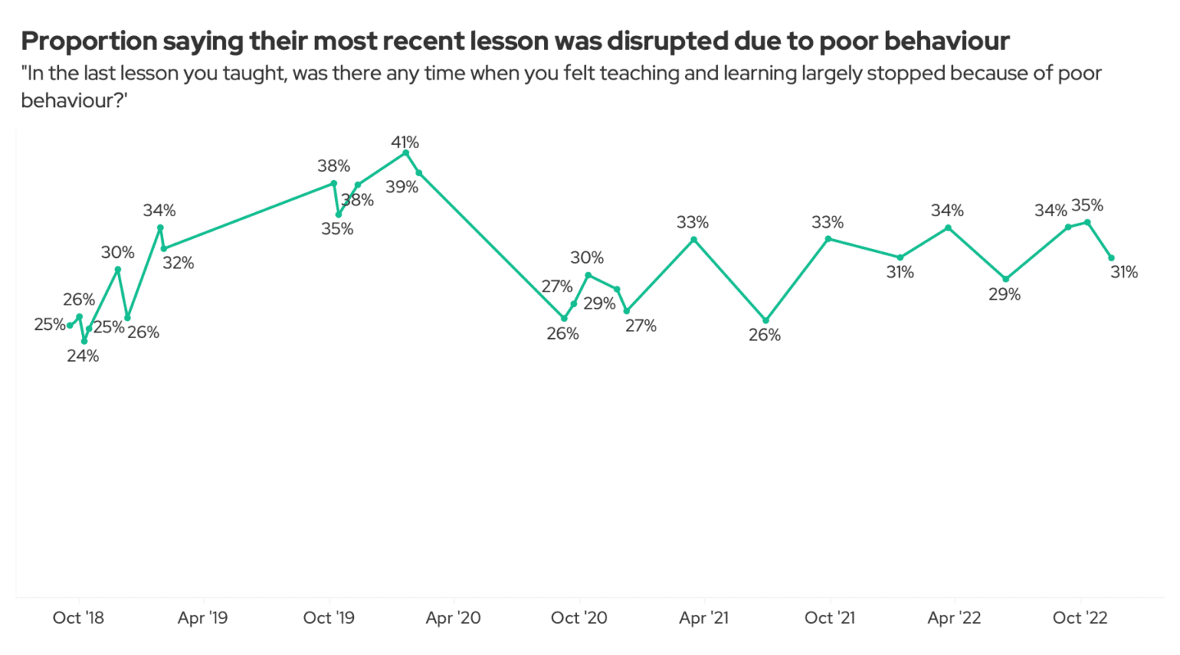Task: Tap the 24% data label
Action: click(83, 356)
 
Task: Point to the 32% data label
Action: click(178, 263)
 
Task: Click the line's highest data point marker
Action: click(406, 152)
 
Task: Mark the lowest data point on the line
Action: click(84, 341)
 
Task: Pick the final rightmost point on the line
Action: click(1111, 257)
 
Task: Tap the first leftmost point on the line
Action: click(70, 325)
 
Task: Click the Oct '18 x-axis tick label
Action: click(79, 618)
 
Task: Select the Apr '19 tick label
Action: click(203, 618)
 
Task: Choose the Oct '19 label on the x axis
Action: click(329, 618)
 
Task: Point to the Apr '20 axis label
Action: click(454, 618)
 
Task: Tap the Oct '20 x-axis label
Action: click(579, 618)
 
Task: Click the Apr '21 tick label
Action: click(705, 618)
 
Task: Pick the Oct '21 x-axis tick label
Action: click(830, 618)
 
